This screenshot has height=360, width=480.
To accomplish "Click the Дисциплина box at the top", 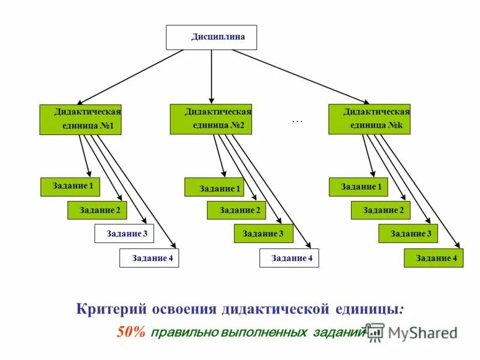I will (211, 37).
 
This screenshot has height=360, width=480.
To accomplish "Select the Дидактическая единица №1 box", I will (80, 119).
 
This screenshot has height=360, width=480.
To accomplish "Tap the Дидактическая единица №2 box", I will (211, 119).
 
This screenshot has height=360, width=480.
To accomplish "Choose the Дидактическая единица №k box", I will (369, 119).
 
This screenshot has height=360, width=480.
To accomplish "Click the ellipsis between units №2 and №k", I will (298, 121).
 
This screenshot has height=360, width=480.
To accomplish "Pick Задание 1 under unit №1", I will (70, 187).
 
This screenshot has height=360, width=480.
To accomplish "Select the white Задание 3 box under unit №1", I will (124, 233).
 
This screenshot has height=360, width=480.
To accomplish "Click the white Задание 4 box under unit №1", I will (149, 258).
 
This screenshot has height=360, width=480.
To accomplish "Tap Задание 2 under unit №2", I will (237, 210).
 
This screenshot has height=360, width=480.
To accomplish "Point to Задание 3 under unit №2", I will (263, 233).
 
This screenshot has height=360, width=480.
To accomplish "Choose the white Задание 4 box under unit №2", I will (289, 258).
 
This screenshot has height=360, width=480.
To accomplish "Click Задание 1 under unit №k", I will (359, 187).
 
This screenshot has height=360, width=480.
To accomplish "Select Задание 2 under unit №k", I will (380, 210).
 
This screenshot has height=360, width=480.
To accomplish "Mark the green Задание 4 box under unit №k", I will (433, 258).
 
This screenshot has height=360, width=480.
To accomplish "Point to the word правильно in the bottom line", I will (183, 332).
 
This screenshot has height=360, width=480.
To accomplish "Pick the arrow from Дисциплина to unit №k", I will (300, 76).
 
